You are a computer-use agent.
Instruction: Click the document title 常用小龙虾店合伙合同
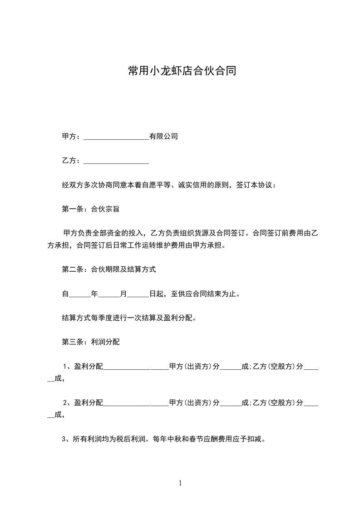(x=182, y=71)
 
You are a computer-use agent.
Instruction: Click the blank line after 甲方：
(x=116, y=137)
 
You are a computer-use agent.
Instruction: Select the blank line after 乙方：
(x=116, y=161)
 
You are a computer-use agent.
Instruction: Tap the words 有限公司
(x=163, y=136)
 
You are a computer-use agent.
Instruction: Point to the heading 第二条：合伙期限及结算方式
(x=108, y=269)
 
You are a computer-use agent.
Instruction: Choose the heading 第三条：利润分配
(x=90, y=342)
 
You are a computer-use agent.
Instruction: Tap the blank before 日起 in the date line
(x=138, y=294)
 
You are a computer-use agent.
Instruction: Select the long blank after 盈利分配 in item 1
(x=136, y=367)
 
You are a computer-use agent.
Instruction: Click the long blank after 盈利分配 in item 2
(x=136, y=403)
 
